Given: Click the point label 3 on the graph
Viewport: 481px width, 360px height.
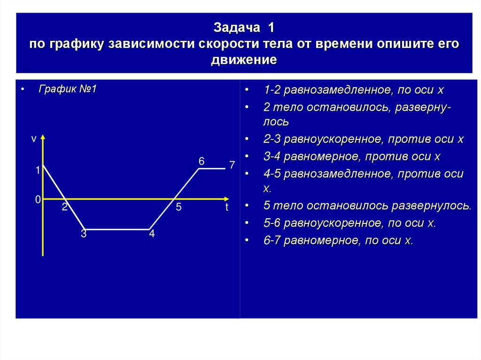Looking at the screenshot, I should [x=84, y=234].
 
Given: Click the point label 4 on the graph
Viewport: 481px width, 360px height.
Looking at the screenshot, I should [x=152, y=234].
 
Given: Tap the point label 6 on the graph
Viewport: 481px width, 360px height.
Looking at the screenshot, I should [x=201, y=161].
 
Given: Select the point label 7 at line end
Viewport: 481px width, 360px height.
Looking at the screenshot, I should [x=232, y=165].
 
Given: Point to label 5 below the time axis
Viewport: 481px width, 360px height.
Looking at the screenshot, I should [x=178, y=207].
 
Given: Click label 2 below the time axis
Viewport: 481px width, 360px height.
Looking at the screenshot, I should [x=65, y=207].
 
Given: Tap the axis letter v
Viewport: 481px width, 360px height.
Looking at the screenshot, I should [x=33, y=139].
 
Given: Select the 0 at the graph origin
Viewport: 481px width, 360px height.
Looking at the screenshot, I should [x=38, y=200].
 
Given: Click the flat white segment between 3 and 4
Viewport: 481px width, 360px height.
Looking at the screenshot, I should [x=117, y=230].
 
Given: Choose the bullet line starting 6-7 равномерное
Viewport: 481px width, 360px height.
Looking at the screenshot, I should [x=338, y=241].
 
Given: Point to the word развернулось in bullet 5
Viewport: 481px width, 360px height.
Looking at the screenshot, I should [x=431, y=206].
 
